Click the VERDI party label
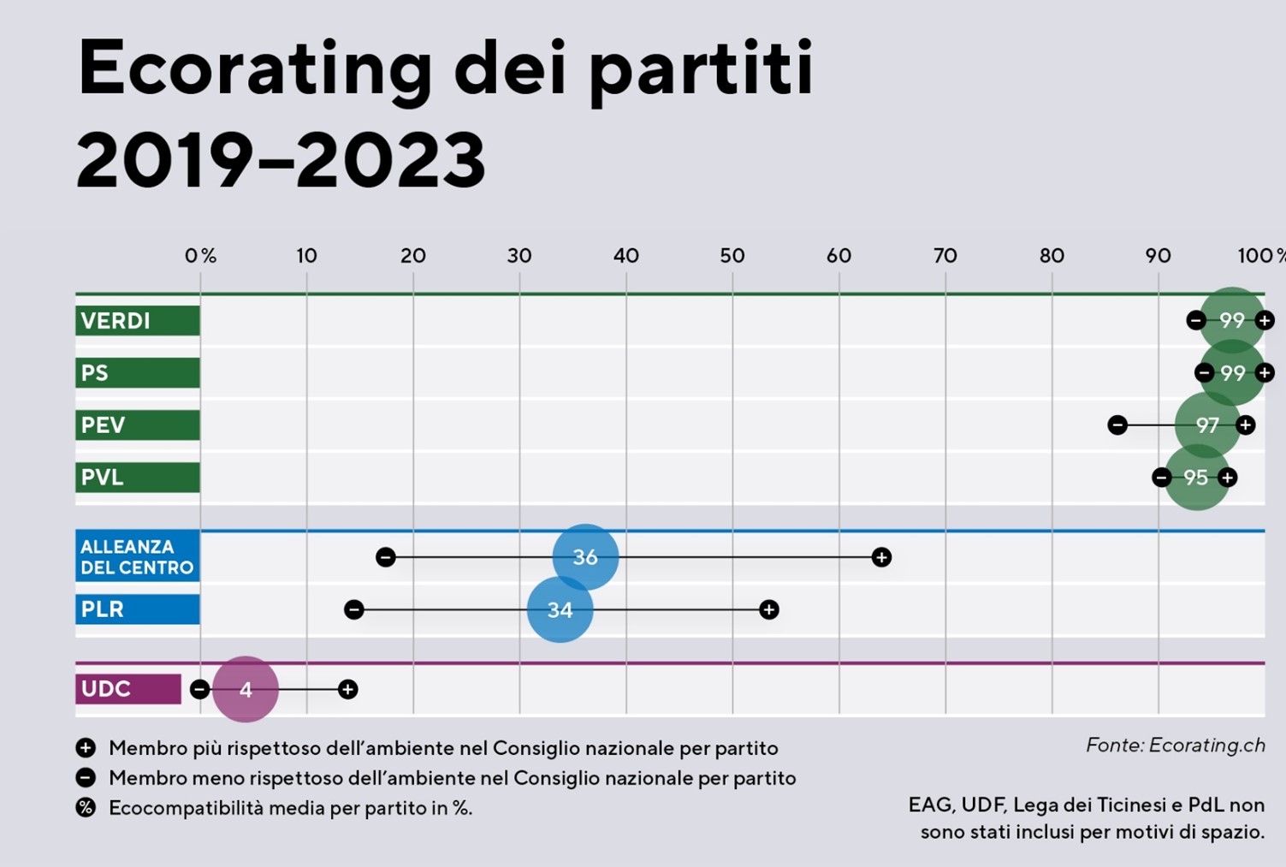point(137,321)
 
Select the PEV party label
point(137,425)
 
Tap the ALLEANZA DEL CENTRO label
point(137,557)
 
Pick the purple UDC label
point(128,689)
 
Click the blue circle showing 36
point(585,557)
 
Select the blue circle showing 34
point(560,609)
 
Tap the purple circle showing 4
point(246,689)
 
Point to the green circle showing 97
point(1207,425)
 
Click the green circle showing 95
point(1196,478)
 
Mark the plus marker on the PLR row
point(769,609)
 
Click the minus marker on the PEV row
point(1117,425)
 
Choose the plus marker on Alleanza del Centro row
point(881,557)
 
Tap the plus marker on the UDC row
point(347,689)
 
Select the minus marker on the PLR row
point(354,609)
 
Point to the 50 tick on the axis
point(732,256)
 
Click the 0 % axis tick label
point(200,256)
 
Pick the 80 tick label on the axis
point(1052,256)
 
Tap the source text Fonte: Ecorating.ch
point(1175,745)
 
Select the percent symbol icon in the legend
point(86,808)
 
